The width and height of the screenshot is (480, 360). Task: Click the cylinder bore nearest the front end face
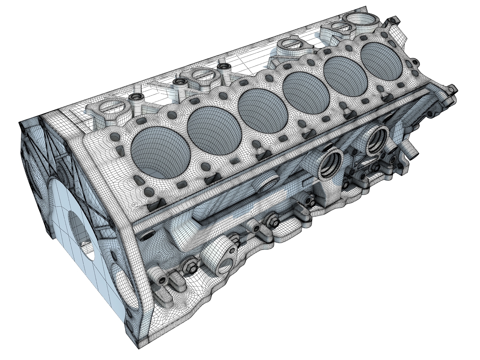coord(160,150)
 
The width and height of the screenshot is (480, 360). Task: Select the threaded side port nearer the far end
coord(376,139)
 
